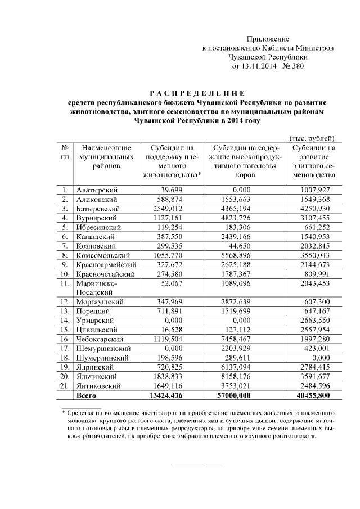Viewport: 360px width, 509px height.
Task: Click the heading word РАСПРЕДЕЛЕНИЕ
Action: point(197,93)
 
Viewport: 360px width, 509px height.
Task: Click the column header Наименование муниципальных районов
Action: point(106,157)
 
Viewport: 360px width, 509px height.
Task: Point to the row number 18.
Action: point(65,358)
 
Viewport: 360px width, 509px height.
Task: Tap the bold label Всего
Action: point(86,395)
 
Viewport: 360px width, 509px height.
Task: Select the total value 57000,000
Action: point(245,395)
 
